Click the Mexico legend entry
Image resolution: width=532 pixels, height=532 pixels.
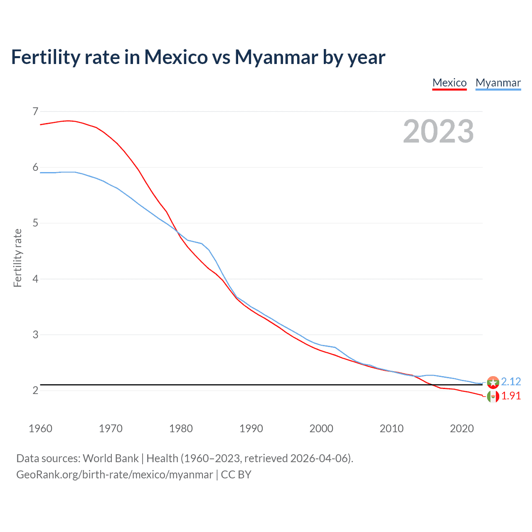click(x=449, y=83)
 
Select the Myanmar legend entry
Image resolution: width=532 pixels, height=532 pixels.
click(x=498, y=83)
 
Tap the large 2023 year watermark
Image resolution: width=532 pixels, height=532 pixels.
click(x=438, y=131)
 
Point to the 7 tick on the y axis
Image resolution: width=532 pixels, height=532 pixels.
click(x=35, y=111)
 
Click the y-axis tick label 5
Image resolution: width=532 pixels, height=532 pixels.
click(x=35, y=223)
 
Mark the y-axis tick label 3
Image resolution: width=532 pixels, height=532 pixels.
click(x=35, y=335)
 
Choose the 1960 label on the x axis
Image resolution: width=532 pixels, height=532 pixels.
click(x=40, y=429)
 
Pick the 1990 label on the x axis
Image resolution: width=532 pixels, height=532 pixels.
click(x=251, y=429)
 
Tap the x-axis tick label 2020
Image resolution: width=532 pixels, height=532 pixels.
click(x=462, y=429)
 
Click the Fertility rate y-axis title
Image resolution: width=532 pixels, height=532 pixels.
click(x=17, y=258)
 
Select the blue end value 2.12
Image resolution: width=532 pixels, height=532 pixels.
click(x=511, y=382)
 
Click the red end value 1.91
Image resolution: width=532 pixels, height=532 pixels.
click(x=511, y=396)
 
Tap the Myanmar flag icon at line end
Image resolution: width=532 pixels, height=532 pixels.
click(x=493, y=382)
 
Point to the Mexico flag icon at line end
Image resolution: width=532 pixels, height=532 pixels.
click(x=493, y=397)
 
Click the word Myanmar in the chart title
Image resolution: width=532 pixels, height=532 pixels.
click(x=276, y=57)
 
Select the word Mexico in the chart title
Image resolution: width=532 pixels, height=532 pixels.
click(x=176, y=57)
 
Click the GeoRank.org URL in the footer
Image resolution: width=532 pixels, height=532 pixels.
click(x=114, y=475)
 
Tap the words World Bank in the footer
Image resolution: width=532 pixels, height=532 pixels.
click(x=111, y=458)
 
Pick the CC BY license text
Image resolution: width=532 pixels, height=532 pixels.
click(x=236, y=475)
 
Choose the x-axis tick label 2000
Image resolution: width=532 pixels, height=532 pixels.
click(x=321, y=429)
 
